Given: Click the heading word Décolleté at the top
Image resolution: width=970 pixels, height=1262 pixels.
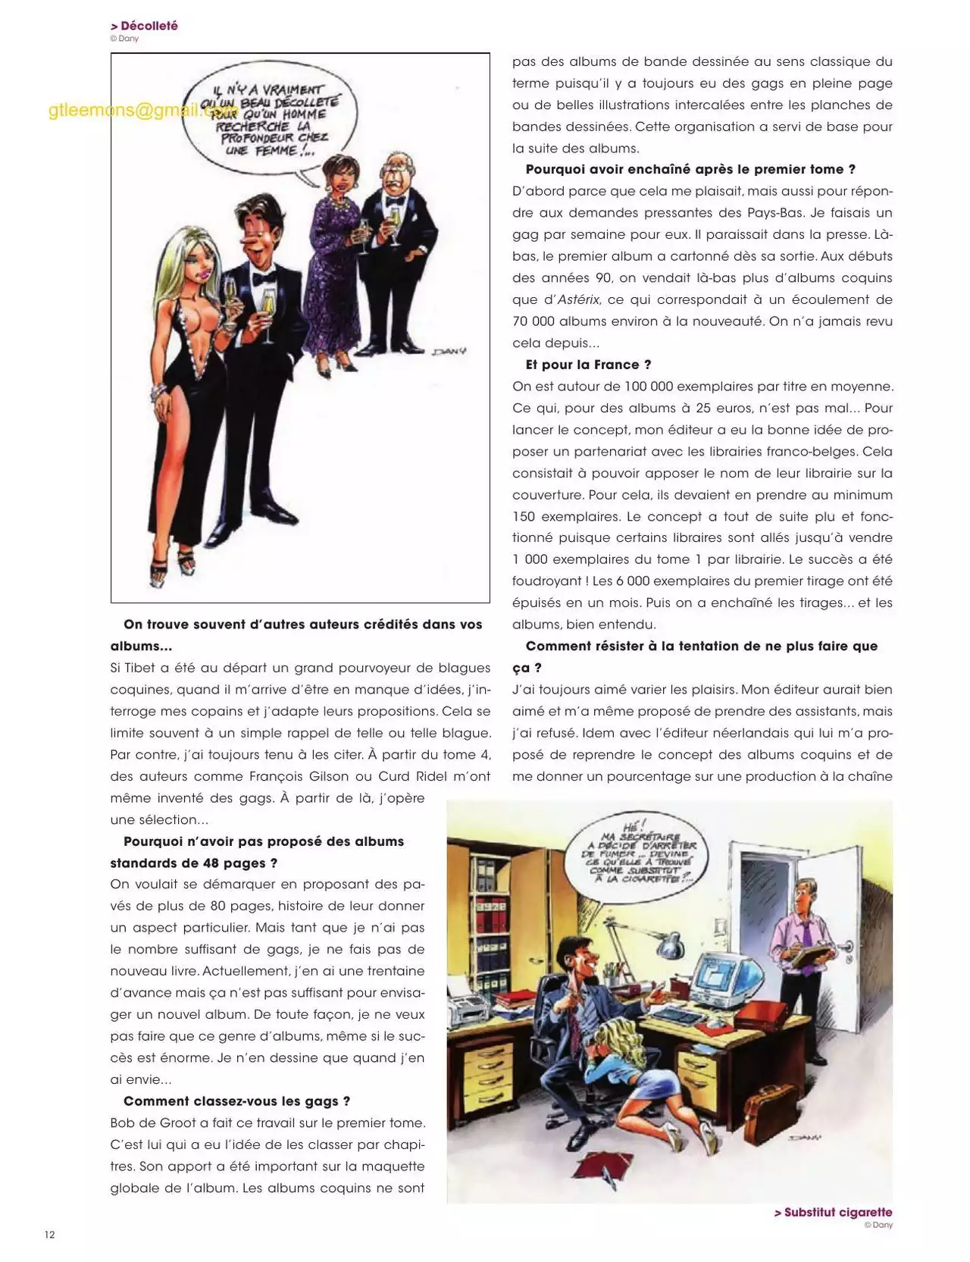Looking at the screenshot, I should tap(149, 26).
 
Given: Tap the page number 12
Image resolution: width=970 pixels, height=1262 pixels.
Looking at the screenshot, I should tap(49, 1235).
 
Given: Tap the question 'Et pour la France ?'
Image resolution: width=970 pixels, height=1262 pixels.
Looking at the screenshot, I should tap(588, 365).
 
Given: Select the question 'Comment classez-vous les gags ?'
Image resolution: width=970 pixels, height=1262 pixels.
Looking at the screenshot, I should tap(236, 1101).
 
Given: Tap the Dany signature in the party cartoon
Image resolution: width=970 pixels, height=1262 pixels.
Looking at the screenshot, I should tap(449, 351).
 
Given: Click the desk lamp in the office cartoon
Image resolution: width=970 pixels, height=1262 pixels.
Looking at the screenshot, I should tap(671, 948).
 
